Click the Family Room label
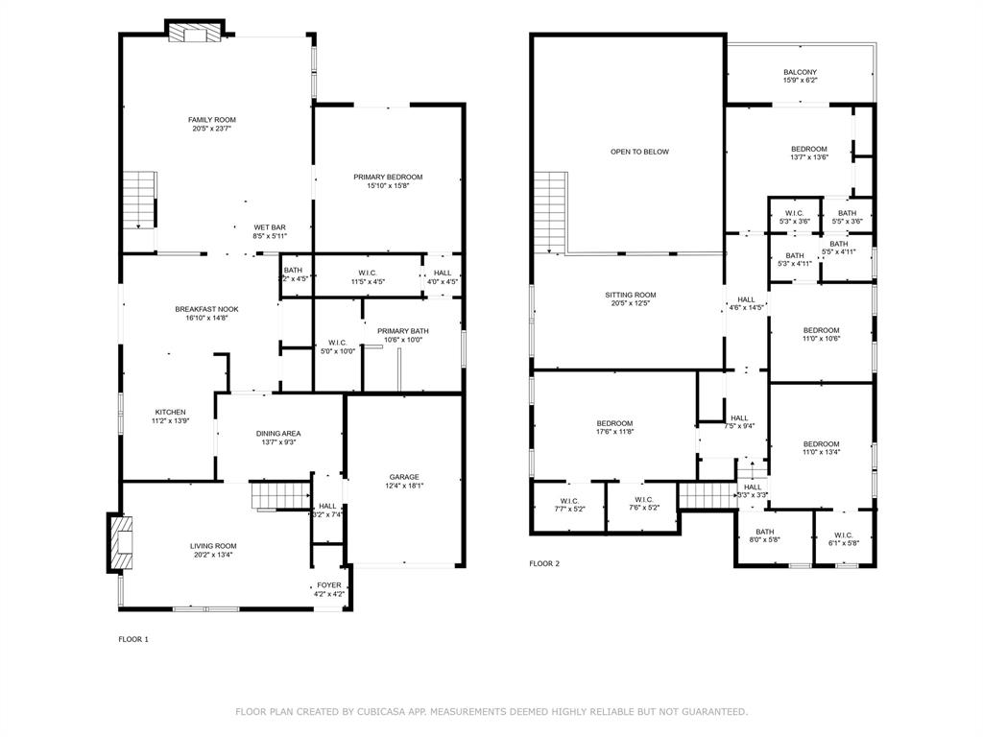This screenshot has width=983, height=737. coord(211,120)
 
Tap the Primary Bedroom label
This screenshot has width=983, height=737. coord(388,177)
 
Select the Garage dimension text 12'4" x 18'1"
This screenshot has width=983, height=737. coord(404,486)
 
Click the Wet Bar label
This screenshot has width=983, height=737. coord(270,226)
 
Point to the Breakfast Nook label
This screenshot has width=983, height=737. coord(206,309)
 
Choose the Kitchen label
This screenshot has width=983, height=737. coord(170,412)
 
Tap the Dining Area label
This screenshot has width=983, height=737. coord(277,434)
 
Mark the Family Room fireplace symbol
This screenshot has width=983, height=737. coord(195,33)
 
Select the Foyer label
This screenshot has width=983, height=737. coord(329,584)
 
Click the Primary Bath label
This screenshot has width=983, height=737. coord(402,331)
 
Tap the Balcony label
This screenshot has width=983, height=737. coord(800,72)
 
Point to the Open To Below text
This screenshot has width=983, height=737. coord(639,152)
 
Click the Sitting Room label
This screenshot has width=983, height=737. coord(630,295)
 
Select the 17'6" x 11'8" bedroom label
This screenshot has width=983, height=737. coord(614,432)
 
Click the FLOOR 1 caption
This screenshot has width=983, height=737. coord(133,639)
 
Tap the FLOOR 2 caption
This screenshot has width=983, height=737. coord(544,563)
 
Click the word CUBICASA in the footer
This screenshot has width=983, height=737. coord(380,712)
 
